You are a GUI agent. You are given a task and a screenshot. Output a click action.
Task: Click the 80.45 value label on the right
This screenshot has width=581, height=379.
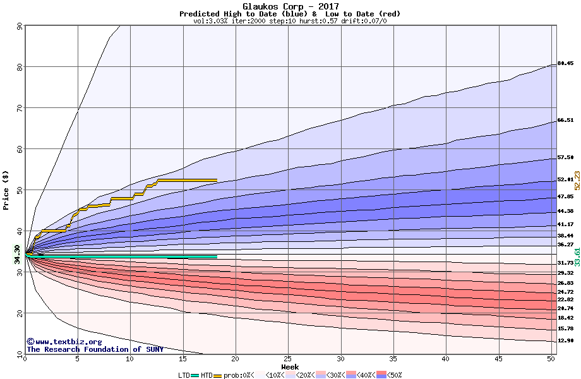[x=565, y=64]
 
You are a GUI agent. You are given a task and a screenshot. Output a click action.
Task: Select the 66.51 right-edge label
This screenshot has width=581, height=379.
[x=565, y=120]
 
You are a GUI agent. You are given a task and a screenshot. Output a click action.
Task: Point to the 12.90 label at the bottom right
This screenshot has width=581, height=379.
[x=565, y=341]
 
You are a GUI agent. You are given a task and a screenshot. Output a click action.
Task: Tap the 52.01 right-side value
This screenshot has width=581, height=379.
[x=565, y=180]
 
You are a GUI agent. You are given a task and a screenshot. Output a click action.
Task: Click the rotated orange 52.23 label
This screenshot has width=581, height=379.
[x=577, y=181]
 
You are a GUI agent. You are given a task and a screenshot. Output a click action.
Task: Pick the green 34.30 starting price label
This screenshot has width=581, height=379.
[x=18, y=255]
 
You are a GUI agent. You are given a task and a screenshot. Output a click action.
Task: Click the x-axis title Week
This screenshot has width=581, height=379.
[x=290, y=367]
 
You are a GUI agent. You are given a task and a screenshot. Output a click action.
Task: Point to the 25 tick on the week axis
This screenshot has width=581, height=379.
[x=287, y=359]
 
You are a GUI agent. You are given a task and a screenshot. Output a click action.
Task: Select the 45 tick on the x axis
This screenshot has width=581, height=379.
[x=498, y=359]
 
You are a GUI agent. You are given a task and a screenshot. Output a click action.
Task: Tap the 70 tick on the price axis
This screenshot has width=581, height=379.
[x=19, y=108]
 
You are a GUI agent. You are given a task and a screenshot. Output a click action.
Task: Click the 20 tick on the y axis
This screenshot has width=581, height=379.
[x=19, y=313]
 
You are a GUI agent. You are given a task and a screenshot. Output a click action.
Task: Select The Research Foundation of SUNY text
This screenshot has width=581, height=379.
[x=95, y=349]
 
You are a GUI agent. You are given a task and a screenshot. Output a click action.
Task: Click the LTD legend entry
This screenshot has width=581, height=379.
[x=185, y=375]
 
